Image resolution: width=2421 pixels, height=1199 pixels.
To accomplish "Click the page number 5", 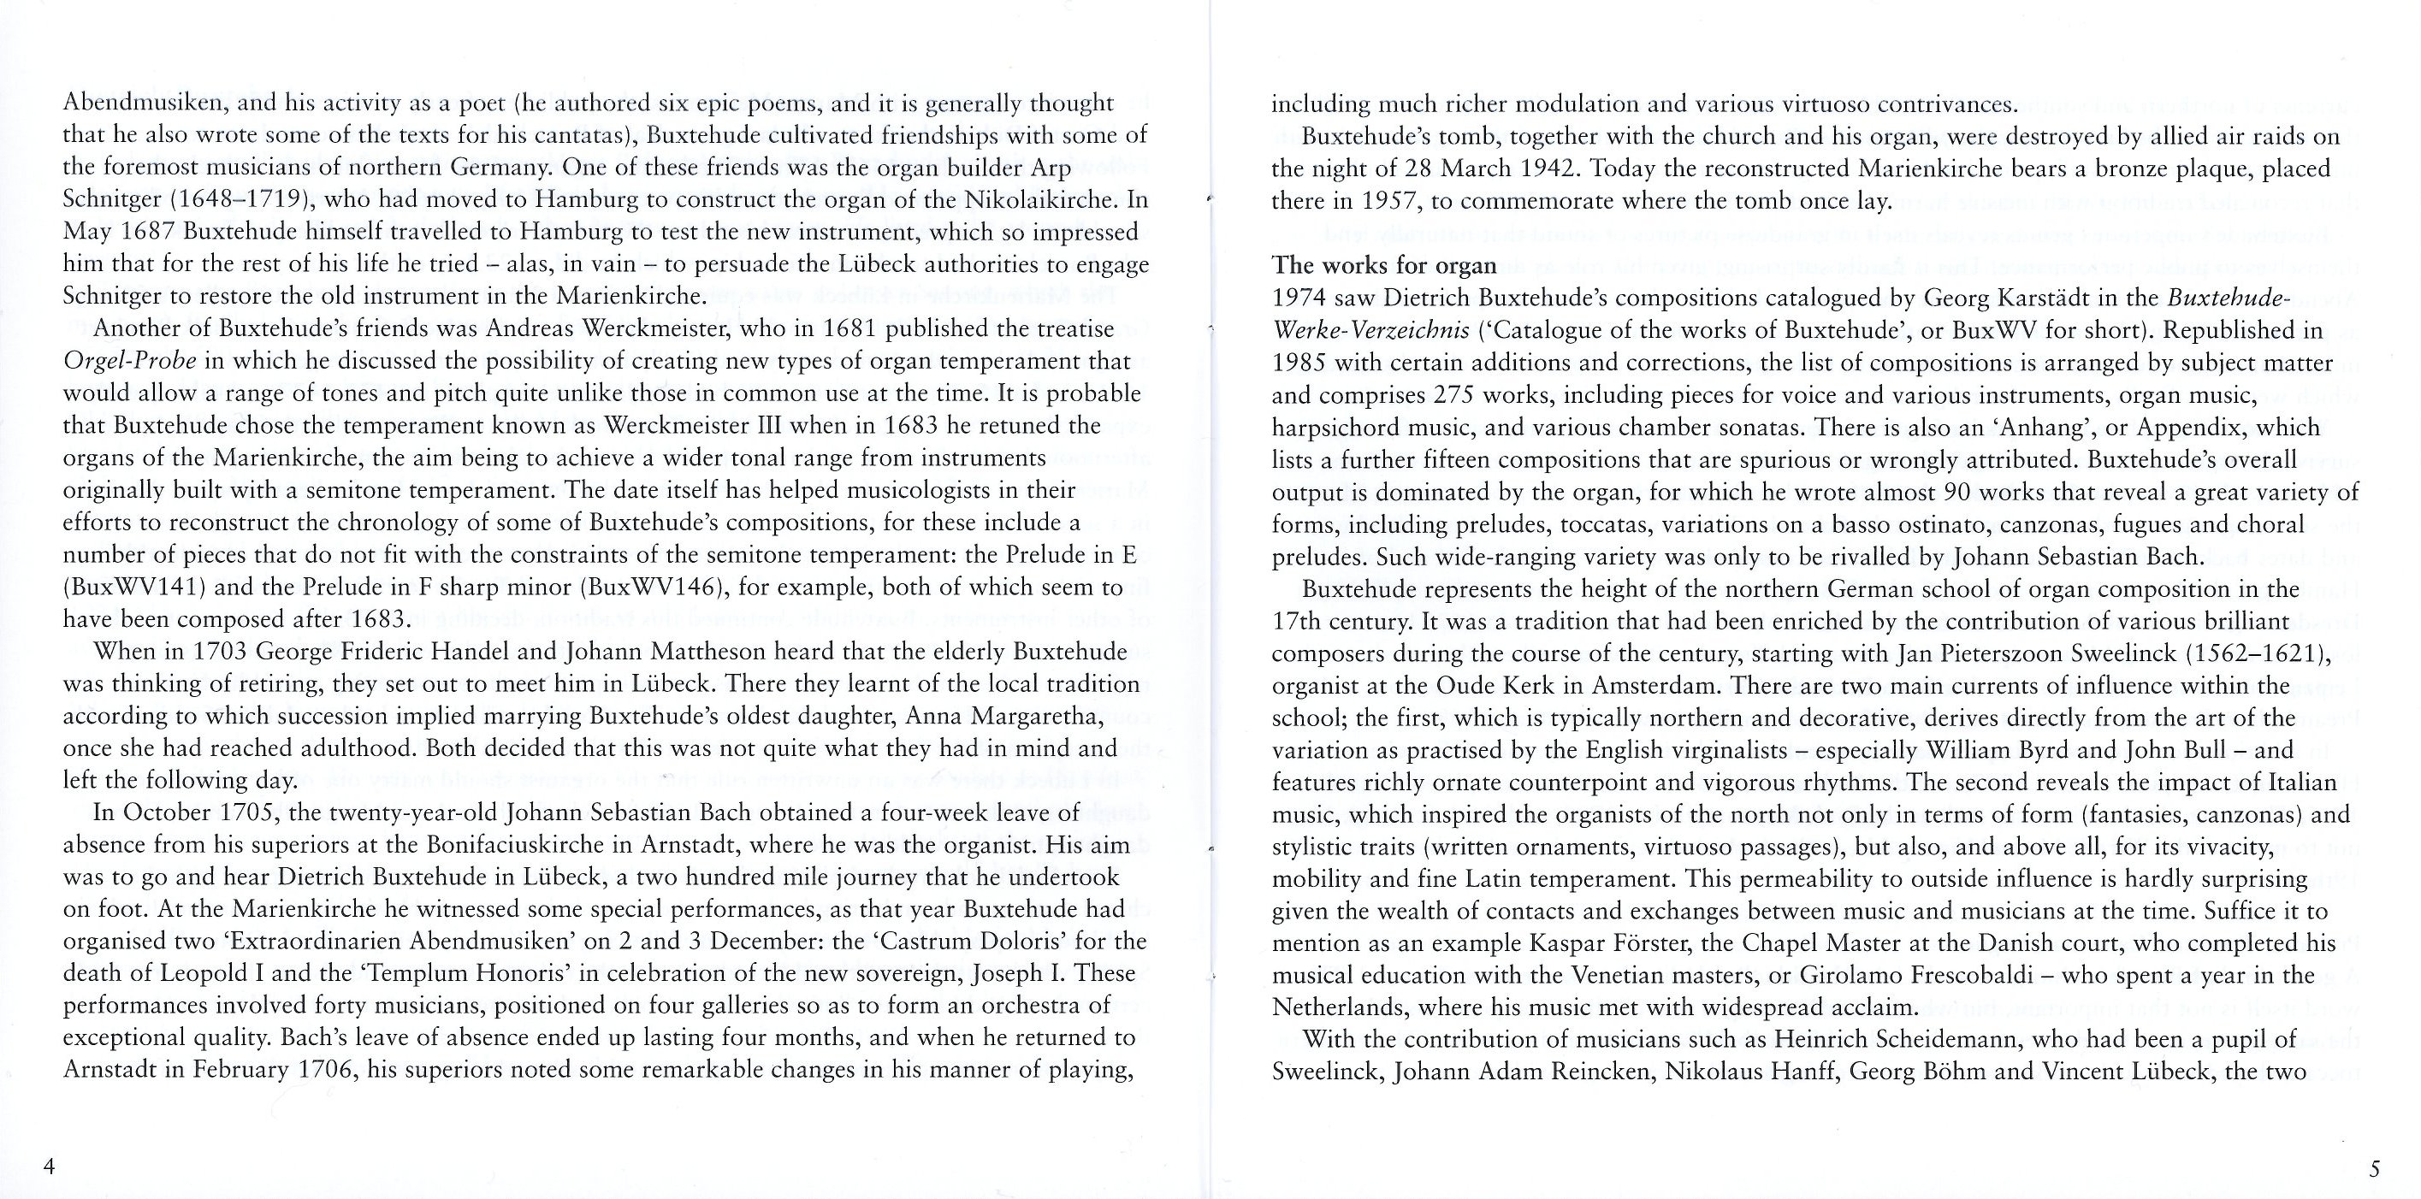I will (2375, 1169).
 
